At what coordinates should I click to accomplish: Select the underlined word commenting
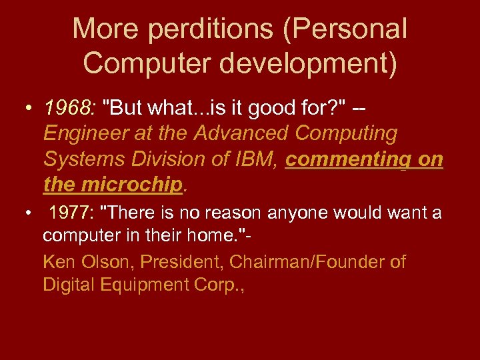pyautogui.click(x=343, y=159)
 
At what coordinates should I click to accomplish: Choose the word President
pyautogui.click(x=176, y=262)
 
